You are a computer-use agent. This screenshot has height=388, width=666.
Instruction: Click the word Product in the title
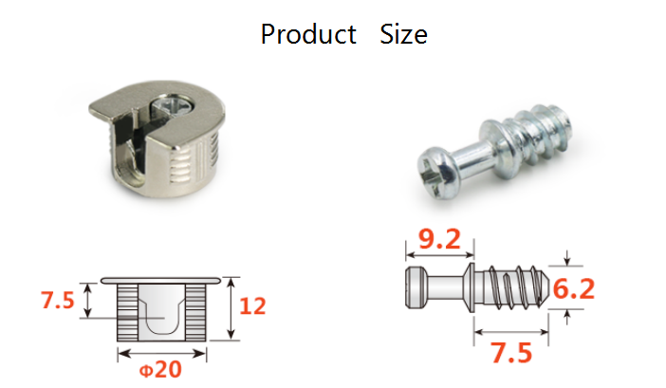click(x=308, y=35)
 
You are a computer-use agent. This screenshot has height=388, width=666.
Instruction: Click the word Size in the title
click(x=403, y=35)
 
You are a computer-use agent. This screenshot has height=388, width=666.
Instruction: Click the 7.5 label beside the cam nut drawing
click(x=56, y=301)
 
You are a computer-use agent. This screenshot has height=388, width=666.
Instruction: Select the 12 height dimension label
click(x=253, y=306)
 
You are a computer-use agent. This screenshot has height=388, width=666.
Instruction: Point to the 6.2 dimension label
click(x=573, y=288)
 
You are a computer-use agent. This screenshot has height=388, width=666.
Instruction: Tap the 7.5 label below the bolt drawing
click(x=510, y=353)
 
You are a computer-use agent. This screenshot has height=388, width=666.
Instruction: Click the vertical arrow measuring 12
click(x=231, y=309)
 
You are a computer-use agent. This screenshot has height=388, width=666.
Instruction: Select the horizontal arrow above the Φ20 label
click(x=161, y=353)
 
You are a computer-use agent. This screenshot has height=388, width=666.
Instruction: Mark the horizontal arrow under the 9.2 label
click(x=438, y=254)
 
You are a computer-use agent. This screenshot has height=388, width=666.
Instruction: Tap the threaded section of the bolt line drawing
click(x=512, y=288)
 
